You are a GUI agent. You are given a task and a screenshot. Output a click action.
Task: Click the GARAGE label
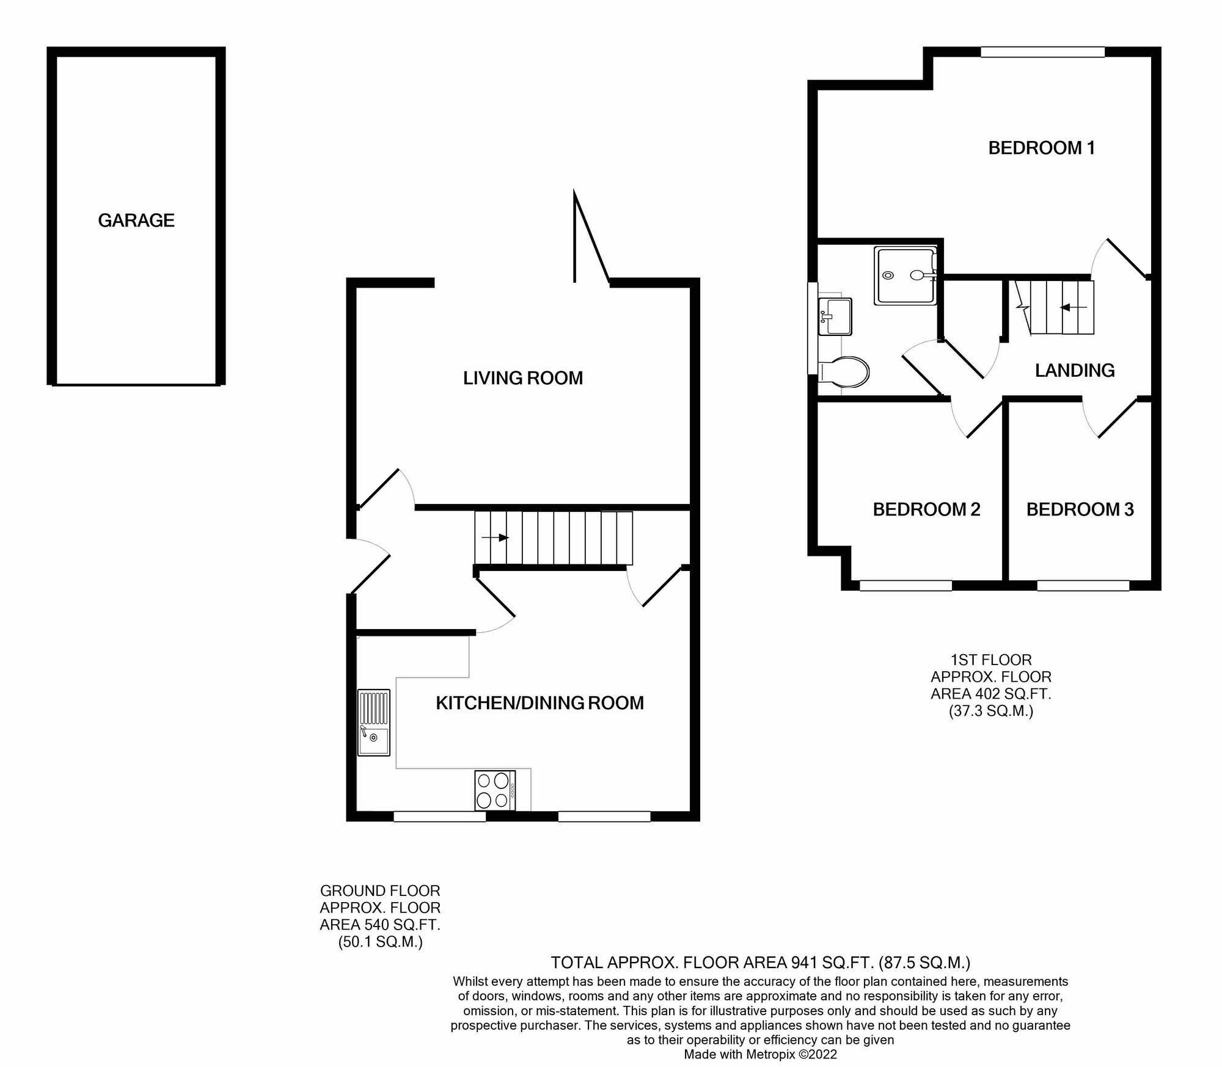(x=136, y=220)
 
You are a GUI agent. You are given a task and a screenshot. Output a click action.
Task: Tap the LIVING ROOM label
(x=522, y=378)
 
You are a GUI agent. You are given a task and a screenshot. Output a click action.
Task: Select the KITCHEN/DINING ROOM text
(x=540, y=703)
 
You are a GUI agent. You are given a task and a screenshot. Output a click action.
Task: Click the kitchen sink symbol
(x=373, y=723)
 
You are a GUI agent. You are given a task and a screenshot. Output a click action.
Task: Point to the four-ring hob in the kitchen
(x=494, y=790)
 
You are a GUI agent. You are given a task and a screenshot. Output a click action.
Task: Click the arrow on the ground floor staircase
(x=496, y=537)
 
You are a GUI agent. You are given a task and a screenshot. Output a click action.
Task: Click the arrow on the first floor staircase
(x=1073, y=307)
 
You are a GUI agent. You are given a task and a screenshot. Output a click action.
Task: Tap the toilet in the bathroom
(x=845, y=371)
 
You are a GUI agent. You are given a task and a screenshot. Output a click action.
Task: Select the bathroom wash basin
(x=835, y=316)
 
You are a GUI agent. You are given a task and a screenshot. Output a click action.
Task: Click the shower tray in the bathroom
(x=905, y=275)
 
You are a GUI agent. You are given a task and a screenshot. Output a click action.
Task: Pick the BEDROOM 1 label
(x=1041, y=148)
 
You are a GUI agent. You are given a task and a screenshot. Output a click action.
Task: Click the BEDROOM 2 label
(x=926, y=509)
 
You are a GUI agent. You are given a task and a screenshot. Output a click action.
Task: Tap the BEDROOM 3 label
(x=1080, y=509)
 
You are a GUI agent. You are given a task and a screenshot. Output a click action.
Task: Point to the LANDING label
(x=1075, y=370)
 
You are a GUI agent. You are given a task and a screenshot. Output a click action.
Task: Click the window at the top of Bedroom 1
(x=1042, y=53)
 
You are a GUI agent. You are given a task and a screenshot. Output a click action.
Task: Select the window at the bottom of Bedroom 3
(x=1083, y=586)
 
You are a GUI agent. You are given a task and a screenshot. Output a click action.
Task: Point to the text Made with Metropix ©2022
(x=760, y=1054)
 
